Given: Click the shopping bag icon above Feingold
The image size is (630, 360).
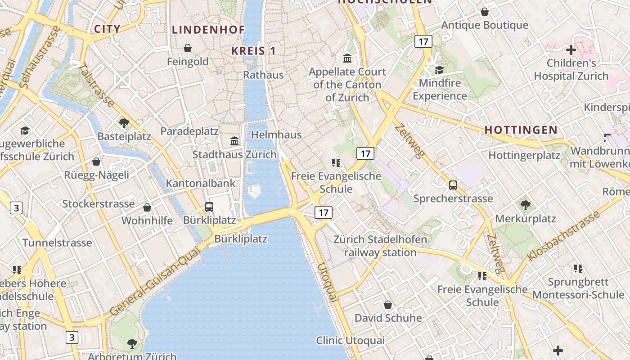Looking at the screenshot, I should (188, 48).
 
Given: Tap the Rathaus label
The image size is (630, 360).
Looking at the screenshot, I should (263, 75).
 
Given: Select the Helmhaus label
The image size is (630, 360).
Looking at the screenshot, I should (276, 135).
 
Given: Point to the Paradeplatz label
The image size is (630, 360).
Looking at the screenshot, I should (189, 131).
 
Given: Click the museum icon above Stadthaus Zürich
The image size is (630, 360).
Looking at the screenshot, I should (234, 141).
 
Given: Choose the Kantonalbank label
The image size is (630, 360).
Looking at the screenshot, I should (201, 183).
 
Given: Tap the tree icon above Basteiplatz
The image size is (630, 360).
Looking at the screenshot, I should (124, 123).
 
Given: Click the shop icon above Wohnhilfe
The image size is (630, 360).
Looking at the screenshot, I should (147, 207).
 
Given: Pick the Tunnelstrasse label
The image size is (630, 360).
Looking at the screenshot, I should (57, 243).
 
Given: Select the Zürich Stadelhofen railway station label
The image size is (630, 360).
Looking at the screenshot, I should (380, 246).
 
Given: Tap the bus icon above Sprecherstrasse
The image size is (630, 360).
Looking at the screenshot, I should (453, 185).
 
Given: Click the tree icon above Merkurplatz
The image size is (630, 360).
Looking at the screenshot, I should (525, 206).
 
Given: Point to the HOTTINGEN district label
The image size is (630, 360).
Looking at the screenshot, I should (521, 130).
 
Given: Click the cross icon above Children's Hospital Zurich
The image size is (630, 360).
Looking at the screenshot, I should (571, 50).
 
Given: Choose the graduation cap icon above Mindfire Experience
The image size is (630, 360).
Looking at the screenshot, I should (439, 70).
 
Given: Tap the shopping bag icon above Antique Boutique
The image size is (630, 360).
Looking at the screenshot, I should (485, 12).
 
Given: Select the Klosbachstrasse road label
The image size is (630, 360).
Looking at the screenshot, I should (564, 235).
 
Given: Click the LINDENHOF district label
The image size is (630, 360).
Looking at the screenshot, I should (208, 30).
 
